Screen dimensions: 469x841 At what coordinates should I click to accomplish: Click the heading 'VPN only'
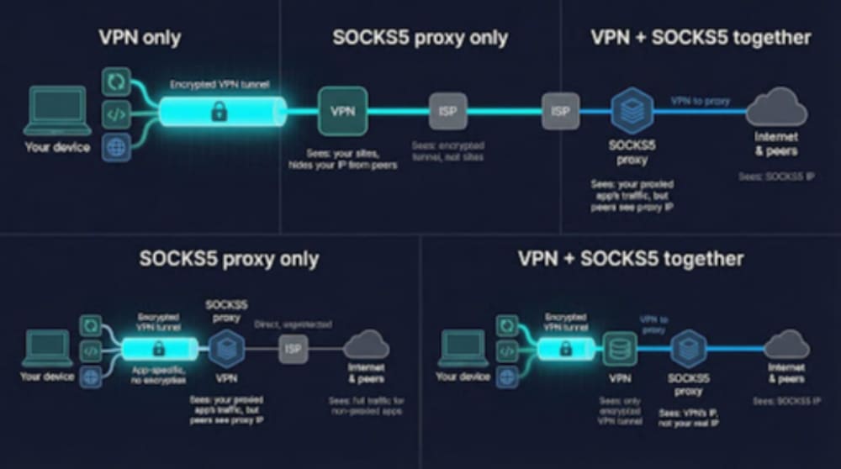click(140, 38)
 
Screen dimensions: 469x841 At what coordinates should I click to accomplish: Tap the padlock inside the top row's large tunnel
click(219, 111)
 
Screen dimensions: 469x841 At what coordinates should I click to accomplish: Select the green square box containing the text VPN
click(343, 111)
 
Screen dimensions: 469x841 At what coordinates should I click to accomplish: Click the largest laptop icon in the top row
click(58, 111)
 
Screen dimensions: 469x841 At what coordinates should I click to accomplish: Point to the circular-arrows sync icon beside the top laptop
click(116, 81)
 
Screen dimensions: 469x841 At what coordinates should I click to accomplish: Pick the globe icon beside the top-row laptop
click(116, 147)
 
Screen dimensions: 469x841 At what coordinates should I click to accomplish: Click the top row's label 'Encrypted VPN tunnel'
click(219, 84)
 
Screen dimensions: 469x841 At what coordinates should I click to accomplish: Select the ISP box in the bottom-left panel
click(293, 348)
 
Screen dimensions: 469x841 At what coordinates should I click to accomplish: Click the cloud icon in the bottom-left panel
click(365, 345)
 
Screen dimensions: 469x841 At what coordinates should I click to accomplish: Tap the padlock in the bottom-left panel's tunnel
click(158, 348)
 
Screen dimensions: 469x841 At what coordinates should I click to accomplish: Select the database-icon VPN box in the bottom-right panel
click(620, 348)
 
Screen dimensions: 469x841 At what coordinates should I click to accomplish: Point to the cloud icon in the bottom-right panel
click(787, 345)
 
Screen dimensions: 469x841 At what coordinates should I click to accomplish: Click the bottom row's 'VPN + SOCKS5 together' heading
click(630, 258)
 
